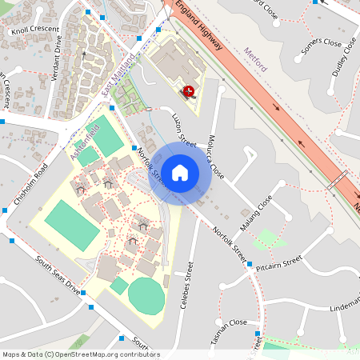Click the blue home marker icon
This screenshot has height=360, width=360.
click(180, 172)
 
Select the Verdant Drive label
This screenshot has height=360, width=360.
click(57, 60)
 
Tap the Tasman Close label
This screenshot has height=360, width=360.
click(229, 323)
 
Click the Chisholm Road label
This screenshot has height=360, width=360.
click(31, 184)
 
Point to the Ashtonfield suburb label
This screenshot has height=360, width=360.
click(84, 142)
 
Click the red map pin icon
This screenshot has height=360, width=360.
click(189, 91)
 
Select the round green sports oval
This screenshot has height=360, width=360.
click(146, 296)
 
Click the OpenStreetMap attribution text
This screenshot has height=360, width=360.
click(80, 354)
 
